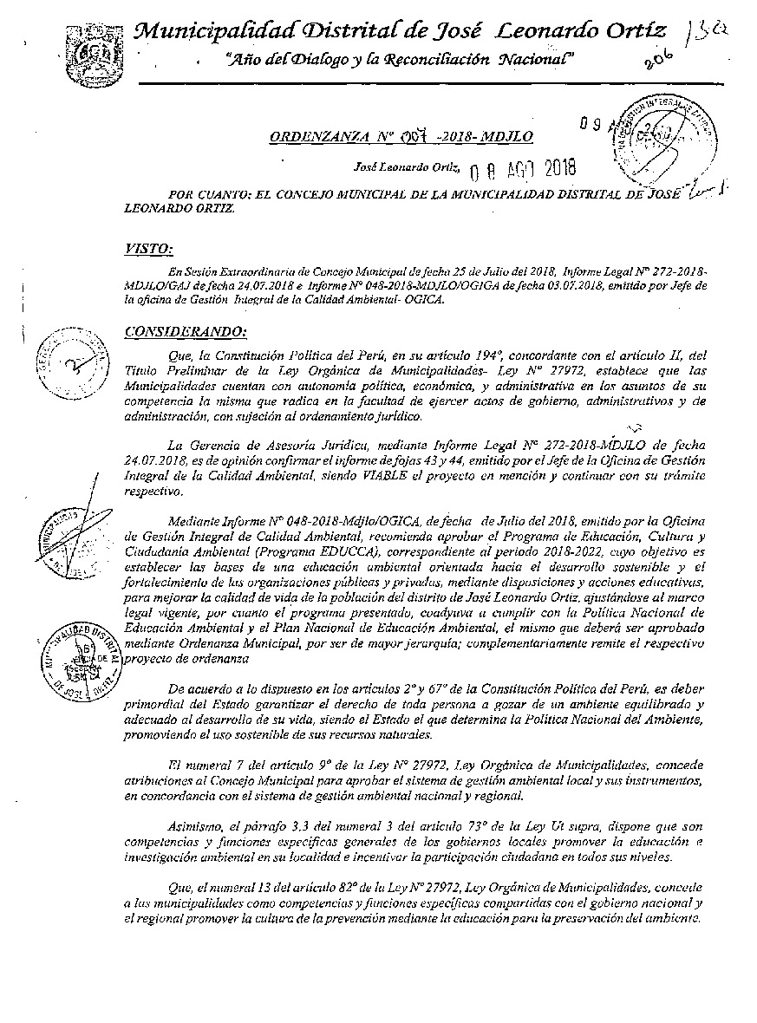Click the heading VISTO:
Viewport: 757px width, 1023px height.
[148, 250]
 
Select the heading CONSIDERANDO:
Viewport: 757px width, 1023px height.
[186, 331]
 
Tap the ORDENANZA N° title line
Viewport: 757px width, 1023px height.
[400, 137]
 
